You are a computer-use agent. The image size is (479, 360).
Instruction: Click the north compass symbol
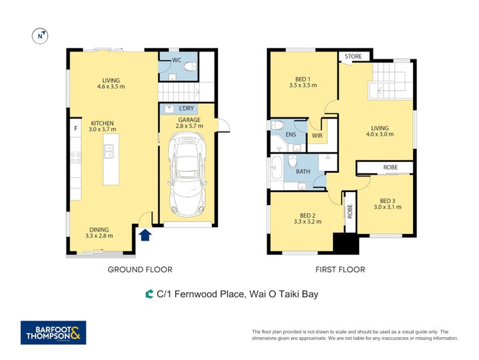[40, 36]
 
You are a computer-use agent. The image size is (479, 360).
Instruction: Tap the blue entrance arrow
[145, 235]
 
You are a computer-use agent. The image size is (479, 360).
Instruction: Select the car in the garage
[187, 173]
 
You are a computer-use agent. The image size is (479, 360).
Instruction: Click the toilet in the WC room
[190, 67]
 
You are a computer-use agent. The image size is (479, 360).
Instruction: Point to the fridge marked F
[76, 128]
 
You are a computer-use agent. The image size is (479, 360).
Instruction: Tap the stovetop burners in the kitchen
[76, 158]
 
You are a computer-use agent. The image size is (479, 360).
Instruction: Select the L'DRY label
[186, 108]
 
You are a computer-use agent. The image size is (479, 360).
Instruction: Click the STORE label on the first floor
[353, 56]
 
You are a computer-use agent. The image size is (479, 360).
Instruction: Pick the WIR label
[318, 136]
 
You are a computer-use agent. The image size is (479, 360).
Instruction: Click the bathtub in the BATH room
[276, 168]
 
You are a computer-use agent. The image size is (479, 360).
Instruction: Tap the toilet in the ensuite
[278, 125]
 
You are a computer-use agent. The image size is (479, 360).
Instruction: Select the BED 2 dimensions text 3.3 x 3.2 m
[307, 221]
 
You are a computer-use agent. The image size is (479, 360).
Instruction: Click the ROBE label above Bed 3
[390, 167]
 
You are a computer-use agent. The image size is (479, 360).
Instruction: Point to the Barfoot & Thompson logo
[53, 332]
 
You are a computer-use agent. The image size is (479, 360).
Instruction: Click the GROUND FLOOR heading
[140, 269]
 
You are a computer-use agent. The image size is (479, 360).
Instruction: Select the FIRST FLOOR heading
[340, 269]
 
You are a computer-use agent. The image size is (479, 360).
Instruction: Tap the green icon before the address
[149, 294]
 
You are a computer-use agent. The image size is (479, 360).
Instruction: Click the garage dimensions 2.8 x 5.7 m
[190, 126]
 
